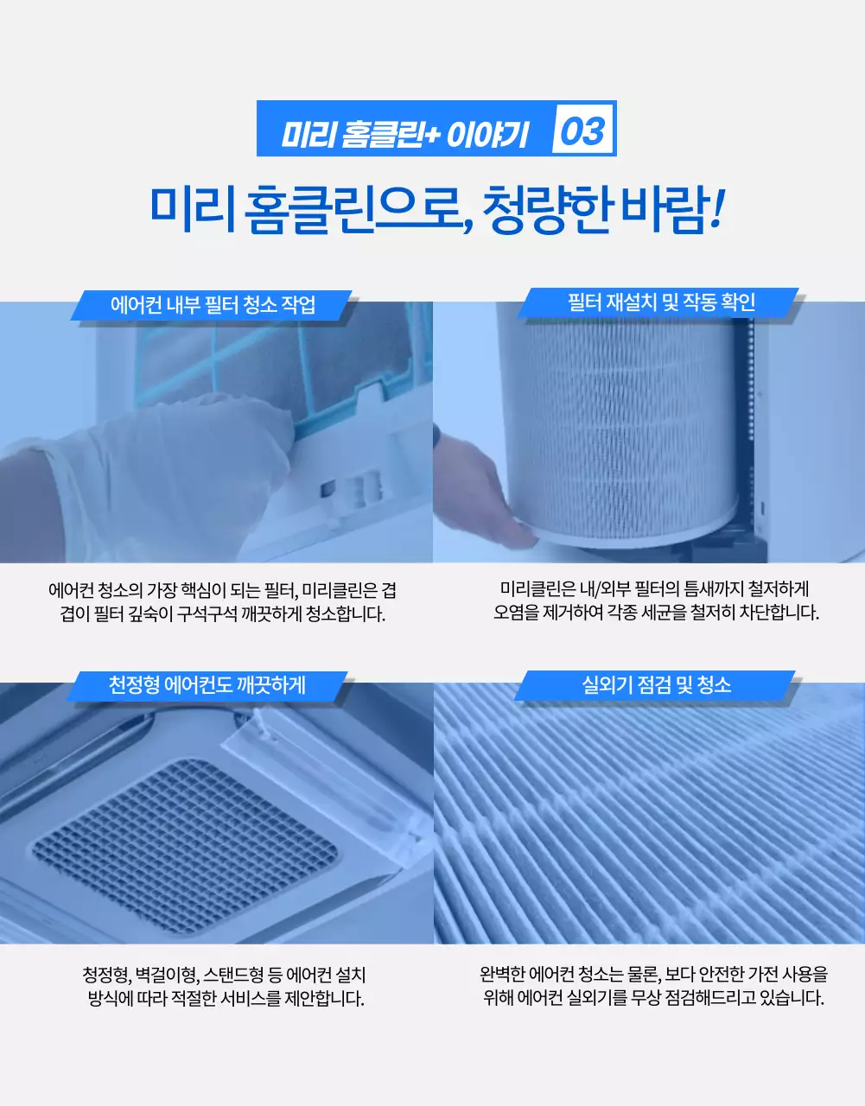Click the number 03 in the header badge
click(x=583, y=130)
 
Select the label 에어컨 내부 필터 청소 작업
click(x=213, y=304)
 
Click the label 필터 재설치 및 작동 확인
click(x=661, y=302)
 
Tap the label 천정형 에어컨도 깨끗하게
click(x=207, y=685)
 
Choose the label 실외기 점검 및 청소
click(x=657, y=685)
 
